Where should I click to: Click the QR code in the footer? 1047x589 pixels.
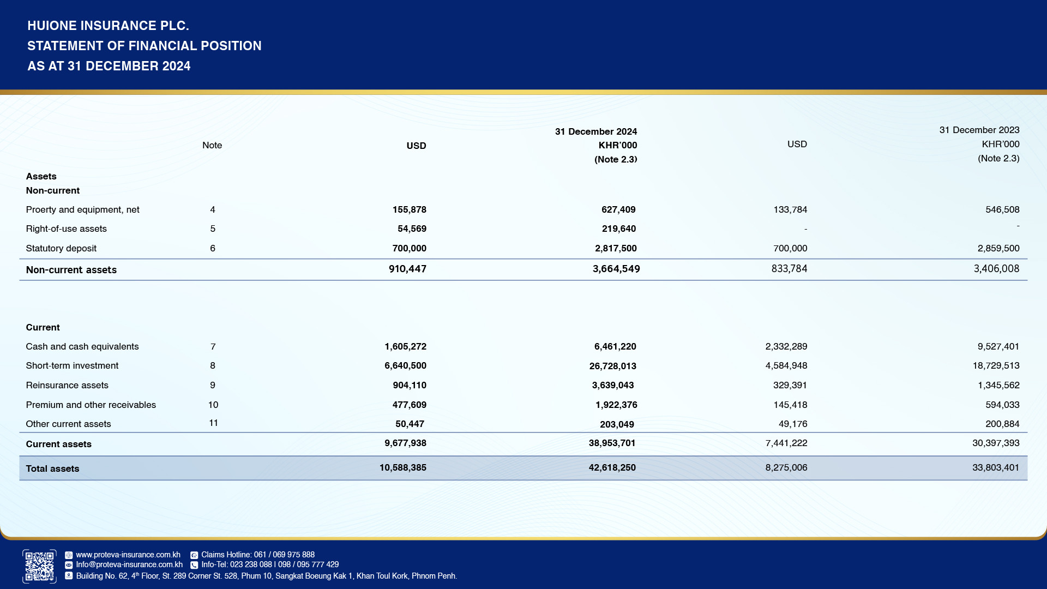coord(39,566)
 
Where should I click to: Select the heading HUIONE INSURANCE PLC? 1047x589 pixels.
coord(108,26)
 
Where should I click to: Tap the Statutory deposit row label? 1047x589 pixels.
coord(61,248)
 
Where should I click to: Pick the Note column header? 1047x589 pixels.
coord(212,145)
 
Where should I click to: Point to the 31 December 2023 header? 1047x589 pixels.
coord(979,130)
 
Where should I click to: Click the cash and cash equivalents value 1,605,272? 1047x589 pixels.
coord(405,346)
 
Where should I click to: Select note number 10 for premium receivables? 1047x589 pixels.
coord(213,405)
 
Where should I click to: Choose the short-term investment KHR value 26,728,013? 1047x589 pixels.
coord(612,366)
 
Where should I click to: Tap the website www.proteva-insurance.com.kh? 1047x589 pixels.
coord(128,555)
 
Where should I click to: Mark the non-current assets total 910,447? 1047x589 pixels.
coord(407,269)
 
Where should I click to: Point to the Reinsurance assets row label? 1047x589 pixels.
coord(67,385)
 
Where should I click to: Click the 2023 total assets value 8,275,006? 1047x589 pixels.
coord(786,467)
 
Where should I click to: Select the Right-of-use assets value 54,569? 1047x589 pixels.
coord(412,229)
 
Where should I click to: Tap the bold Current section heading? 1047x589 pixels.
coord(43,327)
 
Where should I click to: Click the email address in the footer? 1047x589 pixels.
coord(129,564)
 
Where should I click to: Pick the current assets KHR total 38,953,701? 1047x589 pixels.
coord(612,443)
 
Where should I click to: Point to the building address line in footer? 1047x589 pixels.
coord(266,576)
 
